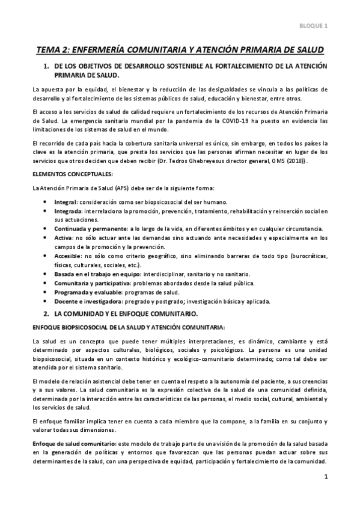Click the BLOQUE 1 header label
pyautogui.click(x=314, y=26)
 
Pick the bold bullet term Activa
pyautogui.click(x=64, y=238)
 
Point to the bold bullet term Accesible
pyautogui.click(x=67, y=256)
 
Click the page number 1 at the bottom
pyautogui.click(x=325, y=478)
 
